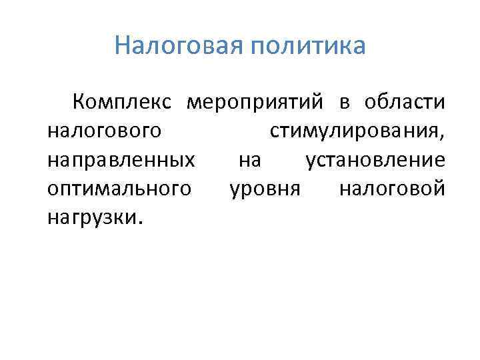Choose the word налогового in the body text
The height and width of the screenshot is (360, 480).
pos(105,133)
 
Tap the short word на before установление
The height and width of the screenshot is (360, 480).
pos(249,161)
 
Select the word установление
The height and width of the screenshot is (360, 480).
pos(375,161)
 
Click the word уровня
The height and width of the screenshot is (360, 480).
pos(266,190)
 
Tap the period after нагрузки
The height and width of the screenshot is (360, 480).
pos(139,223)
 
